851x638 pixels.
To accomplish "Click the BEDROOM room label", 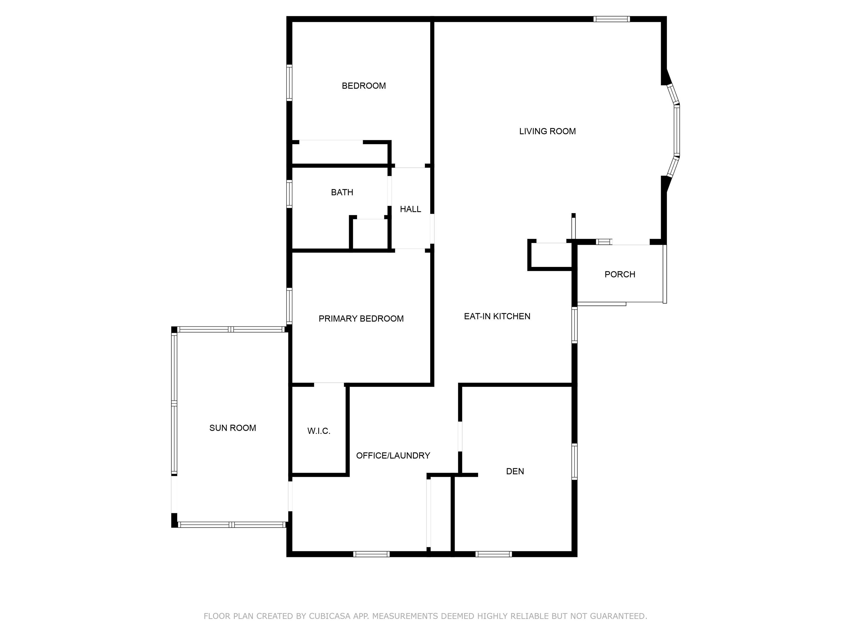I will pyautogui.click(x=363, y=86).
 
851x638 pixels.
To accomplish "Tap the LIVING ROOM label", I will pyautogui.click(x=547, y=132).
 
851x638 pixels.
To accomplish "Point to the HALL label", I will pyautogui.click(x=410, y=209).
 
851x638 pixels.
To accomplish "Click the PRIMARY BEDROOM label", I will pyautogui.click(x=361, y=318).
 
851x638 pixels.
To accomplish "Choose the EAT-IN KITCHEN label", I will pyautogui.click(x=497, y=316).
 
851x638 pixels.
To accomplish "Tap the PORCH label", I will pyautogui.click(x=619, y=274).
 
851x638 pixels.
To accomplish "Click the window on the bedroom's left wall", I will pyautogui.click(x=289, y=83).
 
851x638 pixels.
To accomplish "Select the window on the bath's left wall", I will pyautogui.click(x=289, y=194).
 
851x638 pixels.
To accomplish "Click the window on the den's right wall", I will pyautogui.click(x=574, y=462).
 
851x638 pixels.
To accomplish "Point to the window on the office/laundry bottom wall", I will pyautogui.click(x=371, y=554).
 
